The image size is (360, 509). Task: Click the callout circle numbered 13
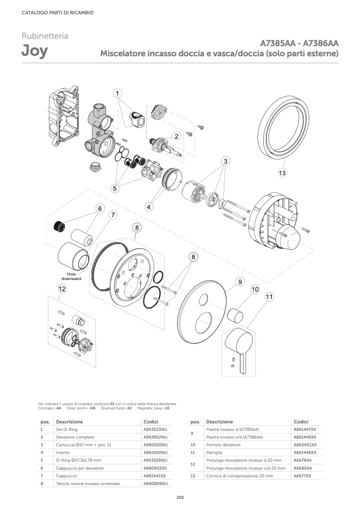coord(282,173)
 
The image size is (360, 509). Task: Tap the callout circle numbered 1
coord(118,94)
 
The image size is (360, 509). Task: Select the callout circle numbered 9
coord(240,282)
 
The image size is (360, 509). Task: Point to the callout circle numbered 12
coord(62,289)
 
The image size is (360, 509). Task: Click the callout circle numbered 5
coord(115,188)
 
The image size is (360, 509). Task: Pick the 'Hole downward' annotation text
coord(71,276)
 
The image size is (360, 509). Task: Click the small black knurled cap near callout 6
coord(59,226)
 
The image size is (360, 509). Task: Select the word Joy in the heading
coord(35,51)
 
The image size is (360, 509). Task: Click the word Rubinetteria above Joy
coord(45,36)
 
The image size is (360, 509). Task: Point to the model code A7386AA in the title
coord(321,43)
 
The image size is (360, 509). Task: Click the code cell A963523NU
coord(155,429)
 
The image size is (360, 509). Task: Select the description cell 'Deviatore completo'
coord(75,437)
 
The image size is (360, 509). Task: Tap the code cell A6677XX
coord(302,476)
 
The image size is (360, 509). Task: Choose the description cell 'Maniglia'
coord(214,453)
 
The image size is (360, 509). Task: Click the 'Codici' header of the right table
coord(301,422)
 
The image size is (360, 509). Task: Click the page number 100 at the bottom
coord(180,497)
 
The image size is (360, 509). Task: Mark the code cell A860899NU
coord(155,483)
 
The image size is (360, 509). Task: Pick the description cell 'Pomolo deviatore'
coord(223,445)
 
